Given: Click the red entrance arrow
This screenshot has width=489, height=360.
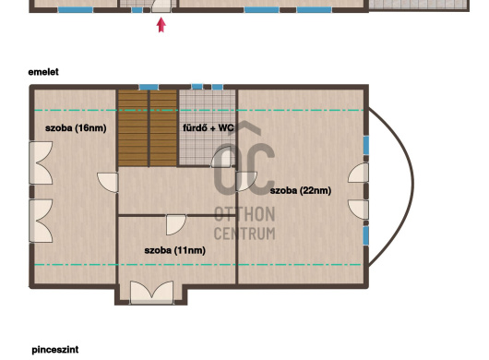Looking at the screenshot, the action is pos(161,25).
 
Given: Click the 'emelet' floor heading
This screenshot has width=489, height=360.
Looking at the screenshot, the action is pos(43,72).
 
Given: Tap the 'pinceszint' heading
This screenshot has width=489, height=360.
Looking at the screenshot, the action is pos(55,350).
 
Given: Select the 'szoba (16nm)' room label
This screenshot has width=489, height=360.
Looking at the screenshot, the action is pos(76,128).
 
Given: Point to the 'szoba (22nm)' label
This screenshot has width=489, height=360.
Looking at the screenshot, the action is pos(301,190).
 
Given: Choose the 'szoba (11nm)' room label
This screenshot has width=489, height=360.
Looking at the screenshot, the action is pos(175,250).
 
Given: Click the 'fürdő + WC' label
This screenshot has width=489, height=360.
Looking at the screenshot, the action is pos(209,128).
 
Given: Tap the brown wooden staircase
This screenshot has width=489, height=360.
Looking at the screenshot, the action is pos(148,128).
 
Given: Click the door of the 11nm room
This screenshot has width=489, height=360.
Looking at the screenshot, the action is pos(176,224).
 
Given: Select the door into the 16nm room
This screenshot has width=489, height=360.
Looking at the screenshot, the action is pos(108,183).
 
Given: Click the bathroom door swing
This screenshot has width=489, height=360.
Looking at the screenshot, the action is pos(223,157).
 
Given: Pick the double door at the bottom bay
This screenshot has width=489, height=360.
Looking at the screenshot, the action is pos(151,293).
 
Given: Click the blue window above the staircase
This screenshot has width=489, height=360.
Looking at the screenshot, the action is pos(149,87).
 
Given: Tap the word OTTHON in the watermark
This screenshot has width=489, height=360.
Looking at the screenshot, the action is pos(244,214).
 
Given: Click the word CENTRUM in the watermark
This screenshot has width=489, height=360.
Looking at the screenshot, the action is pos(244,234).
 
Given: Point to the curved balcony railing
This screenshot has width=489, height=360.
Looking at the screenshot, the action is pos(413,184).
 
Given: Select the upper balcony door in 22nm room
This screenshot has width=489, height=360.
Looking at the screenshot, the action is pos(358,173).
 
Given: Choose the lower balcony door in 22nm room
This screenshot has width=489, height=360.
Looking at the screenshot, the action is pos(358,210).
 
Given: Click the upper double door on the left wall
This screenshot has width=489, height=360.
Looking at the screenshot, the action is pos(41,162).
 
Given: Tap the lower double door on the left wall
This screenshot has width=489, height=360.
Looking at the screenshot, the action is pos(41,221).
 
